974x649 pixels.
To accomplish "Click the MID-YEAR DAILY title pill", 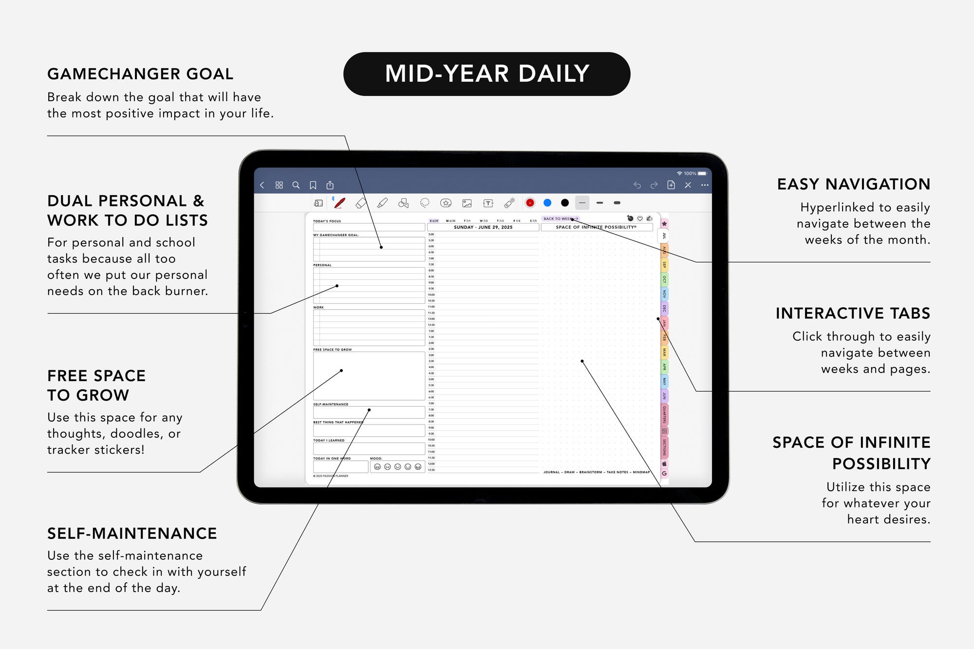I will (x=487, y=74).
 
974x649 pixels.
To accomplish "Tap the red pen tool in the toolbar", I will (x=339, y=203).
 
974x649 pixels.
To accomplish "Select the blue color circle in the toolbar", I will (x=547, y=203).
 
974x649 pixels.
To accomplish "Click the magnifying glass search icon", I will (x=296, y=185).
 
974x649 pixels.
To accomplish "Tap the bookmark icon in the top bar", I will (x=313, y=185).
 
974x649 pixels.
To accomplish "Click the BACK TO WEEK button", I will (x=560, y=219).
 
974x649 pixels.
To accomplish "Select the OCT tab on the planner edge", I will (x=664, y=279).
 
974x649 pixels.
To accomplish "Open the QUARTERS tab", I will (x=664, y=414).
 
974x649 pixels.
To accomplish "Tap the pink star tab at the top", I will (x=664, y=223).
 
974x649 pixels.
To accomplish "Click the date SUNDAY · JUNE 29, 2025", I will (x=483, y=227).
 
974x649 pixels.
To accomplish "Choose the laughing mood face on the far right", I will (x=418, y=467).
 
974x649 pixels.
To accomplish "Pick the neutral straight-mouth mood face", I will (x=398, y=467).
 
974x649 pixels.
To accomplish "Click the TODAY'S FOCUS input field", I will (x=369, y=227).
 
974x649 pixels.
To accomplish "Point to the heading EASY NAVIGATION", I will (x=853, y=184).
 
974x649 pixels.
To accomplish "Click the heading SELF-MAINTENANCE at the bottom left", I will (x=132, y=534).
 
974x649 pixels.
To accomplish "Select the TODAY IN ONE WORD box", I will (x=340, y=467).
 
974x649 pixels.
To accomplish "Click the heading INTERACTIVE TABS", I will (x=853, y=313).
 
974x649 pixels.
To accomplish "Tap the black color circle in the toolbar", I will (x=565, y=203).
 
